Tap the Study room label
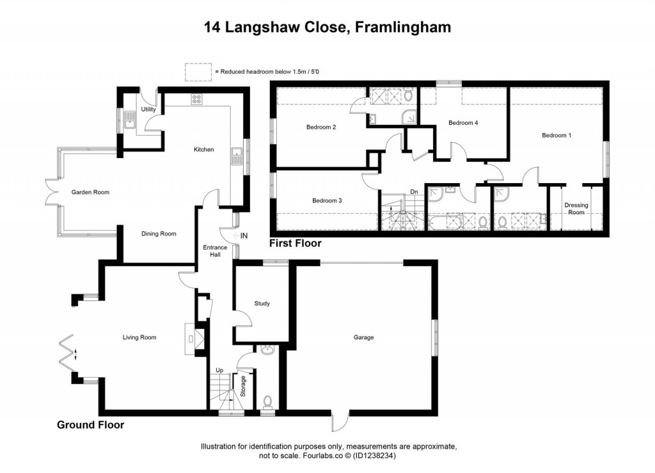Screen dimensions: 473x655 click(x=262, y=303)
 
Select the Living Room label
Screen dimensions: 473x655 click(x=139, y=337)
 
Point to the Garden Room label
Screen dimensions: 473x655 click(x=90, y=192)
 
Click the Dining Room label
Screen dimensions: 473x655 click(x=159, y=234)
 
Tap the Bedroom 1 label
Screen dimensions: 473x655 click(x=556, y=135)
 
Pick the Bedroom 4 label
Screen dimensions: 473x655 click(x=463, y=123)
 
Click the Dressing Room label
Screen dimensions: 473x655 click(x=576, y=209)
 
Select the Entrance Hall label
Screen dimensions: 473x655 click(x=215, y=251)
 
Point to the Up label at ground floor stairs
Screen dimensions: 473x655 click(x=219, y=371)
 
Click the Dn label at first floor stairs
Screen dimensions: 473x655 click(x=413, y=191)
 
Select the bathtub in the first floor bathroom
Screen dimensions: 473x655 click(x=445, y=222)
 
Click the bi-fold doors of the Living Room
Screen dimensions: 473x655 click(x=68, y=351)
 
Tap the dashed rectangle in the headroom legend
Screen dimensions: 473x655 click(x=198, y=72)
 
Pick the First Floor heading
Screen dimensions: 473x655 click(x=295, y=243)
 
